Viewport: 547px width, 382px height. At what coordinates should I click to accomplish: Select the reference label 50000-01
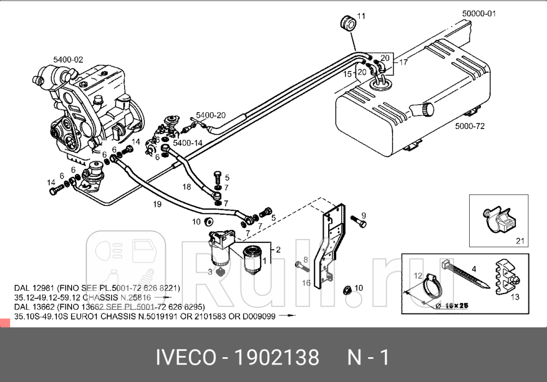[x=478, y=14]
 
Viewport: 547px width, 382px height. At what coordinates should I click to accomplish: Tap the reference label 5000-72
[x=469, y=126]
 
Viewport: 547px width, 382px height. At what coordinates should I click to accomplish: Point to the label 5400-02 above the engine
[x=68, y=59]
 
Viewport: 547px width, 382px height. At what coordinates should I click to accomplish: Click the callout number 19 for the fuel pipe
[x=157, y=204]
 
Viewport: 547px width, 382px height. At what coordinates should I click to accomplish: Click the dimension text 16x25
[x=457, y=305]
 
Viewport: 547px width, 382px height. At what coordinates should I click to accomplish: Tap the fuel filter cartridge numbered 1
[x=257, y=256]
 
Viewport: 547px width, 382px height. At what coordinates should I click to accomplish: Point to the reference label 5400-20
[x=210, y=116]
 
